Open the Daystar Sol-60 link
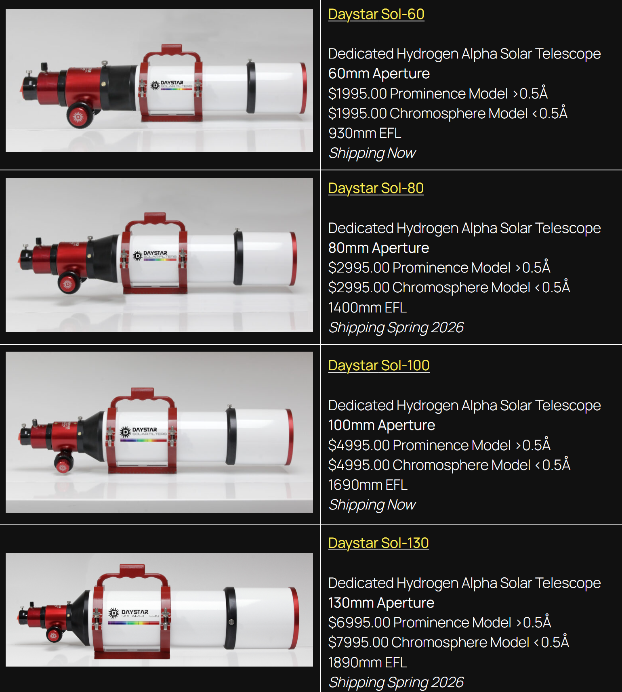[376, 14]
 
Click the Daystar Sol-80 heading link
[376, 188]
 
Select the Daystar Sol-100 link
[379, 365]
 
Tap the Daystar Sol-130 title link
[378, 543]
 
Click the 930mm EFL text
[365, 133]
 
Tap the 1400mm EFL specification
[367, 308]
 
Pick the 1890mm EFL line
[367, 663]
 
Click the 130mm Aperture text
[381, 603]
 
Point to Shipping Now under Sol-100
[372, 505]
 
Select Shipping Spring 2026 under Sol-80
[396, 327]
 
